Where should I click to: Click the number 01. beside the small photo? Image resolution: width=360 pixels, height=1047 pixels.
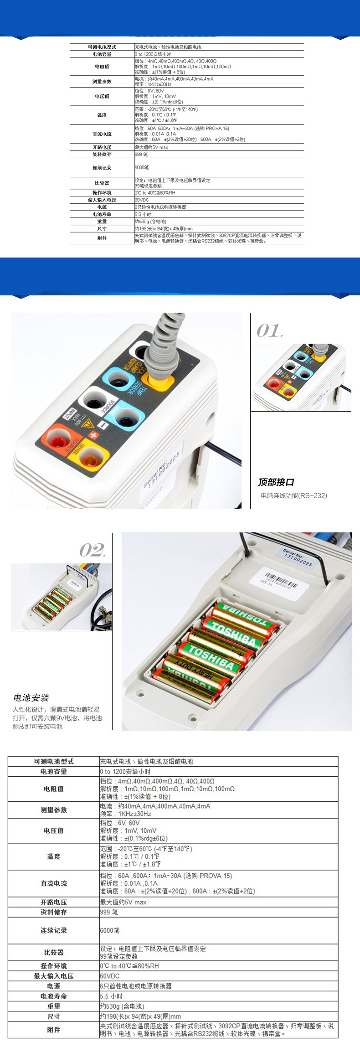(x=269, y=330)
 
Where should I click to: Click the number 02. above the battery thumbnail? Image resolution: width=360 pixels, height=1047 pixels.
(x=93, y=550)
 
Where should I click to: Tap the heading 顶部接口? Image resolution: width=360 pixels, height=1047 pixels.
(x=276, y=482)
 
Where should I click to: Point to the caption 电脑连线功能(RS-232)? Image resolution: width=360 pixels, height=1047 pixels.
(x=293, y=495)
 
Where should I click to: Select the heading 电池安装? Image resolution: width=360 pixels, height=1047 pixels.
(x=31, y=697)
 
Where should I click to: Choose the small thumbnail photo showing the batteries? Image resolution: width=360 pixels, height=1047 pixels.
(x=61, y=597)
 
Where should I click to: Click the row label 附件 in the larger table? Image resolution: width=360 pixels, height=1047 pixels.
(x=54, y=1030)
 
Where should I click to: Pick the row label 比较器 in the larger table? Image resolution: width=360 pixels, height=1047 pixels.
(x=54, y=952)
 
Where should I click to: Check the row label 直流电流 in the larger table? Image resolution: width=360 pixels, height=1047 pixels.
(x=54, y=883)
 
